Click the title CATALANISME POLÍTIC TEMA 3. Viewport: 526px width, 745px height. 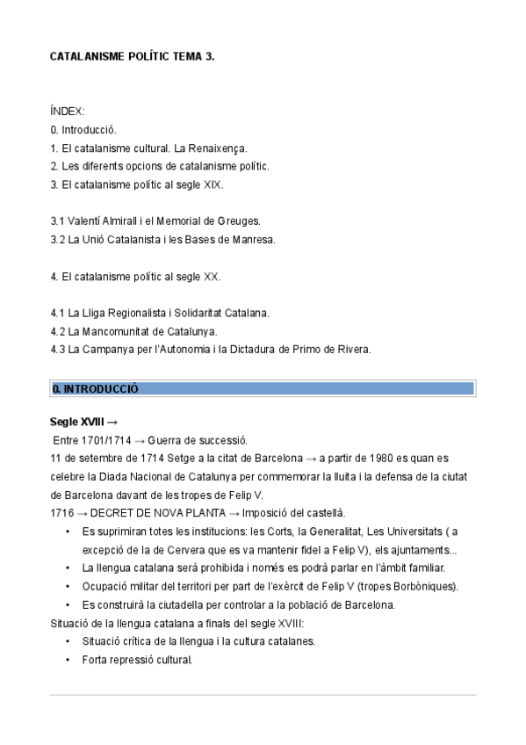click(132, 57)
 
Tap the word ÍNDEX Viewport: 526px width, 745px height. click(68, 112)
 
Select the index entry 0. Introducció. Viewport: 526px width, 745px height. click(83, 130)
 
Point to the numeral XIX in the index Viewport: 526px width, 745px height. click(213, 184)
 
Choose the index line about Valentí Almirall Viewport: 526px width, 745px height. click(155, 221)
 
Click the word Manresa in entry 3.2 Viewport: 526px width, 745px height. click(255, 239)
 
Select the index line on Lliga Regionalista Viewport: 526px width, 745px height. click(160, 313)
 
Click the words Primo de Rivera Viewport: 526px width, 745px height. click(333, 350)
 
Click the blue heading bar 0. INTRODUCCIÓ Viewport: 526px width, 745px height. click(263, 388)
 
